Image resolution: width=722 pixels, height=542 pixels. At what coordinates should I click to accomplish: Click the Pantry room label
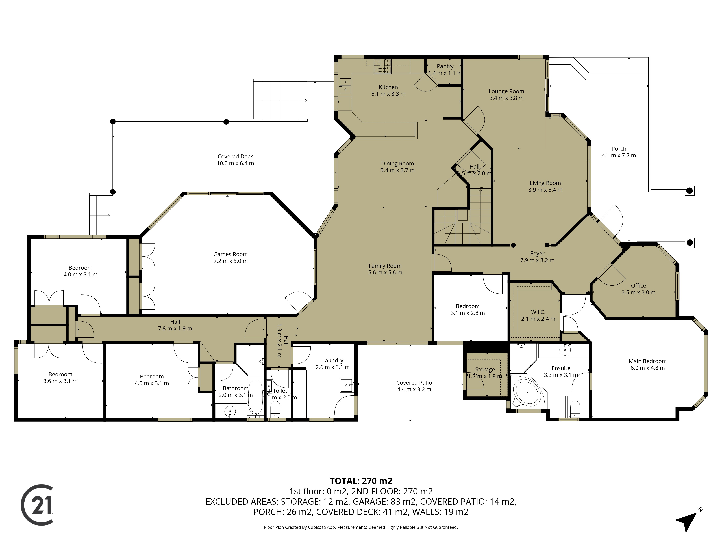[445, 66]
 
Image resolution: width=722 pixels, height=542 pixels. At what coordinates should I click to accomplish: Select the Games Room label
[230, 254]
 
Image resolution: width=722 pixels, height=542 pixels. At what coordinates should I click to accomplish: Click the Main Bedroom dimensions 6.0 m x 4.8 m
[648, 368]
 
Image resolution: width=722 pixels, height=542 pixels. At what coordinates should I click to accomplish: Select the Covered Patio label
[414, 383]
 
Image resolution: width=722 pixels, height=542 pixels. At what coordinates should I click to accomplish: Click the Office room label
[638, 285]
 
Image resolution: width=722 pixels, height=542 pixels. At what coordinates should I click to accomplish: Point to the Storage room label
[485, 369]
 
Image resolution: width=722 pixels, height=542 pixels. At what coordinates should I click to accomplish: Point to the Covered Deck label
[235, 156]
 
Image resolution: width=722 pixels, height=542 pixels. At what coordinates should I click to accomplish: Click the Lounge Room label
[506, 91]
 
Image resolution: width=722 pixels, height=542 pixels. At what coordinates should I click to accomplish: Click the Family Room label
[385, 266]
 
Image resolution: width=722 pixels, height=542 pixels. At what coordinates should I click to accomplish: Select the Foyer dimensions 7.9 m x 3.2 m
[537, 260]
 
